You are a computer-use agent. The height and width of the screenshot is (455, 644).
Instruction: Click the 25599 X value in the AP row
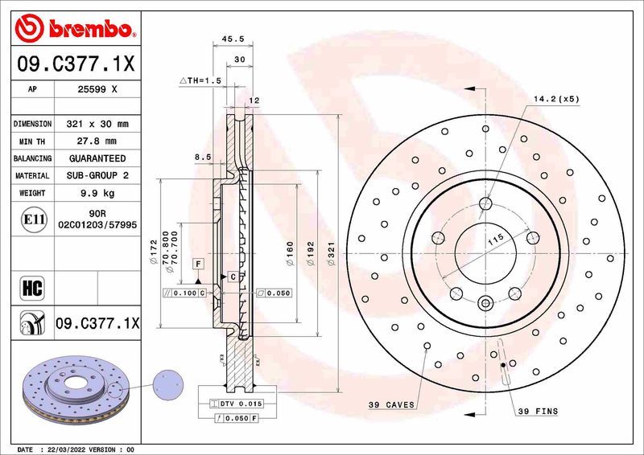tap(97, 90)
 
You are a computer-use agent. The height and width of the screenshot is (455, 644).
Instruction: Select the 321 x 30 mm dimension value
tap(97, 125)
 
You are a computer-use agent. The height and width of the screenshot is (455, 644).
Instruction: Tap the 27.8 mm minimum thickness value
tap(97, 141)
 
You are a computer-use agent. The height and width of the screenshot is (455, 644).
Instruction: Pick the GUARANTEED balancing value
tap(97, 158)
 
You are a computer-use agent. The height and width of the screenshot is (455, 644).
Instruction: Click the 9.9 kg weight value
tap(97, 193)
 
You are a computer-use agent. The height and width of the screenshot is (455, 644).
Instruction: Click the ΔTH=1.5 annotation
tap(200, 80)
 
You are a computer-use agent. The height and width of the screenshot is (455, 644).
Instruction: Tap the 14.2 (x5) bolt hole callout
tap(556, 99)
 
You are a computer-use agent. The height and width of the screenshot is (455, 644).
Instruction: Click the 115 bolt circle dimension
tap(496, 239)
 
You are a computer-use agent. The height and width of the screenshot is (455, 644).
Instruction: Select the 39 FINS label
tap(536, 412)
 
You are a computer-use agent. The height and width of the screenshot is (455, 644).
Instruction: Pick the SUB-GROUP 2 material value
tap(97, 175)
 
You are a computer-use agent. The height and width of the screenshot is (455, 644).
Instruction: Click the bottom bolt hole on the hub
tap(486, 303)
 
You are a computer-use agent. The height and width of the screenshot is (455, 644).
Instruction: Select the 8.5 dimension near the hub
tap(202, 158)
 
